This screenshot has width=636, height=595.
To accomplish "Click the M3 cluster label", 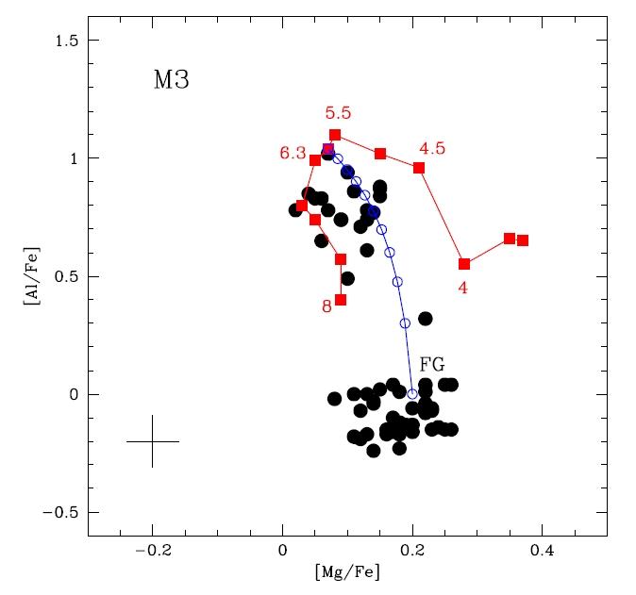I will click(x=171, y=80).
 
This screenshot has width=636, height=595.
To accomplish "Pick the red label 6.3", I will click(x=293, y=153).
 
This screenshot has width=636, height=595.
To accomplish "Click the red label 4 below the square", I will click(x=462, y=288).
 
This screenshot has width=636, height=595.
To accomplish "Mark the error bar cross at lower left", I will click(x=152, y=441).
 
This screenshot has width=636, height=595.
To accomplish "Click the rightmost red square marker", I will click(x=523, y=240).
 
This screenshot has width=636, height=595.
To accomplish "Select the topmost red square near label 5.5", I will click(x=335, y=135).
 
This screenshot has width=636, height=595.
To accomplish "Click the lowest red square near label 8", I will click(x=341, y=300).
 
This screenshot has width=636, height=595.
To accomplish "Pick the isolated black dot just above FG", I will click(x=425, y=319).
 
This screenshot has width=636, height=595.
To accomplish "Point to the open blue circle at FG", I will click(x=412, y=394).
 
